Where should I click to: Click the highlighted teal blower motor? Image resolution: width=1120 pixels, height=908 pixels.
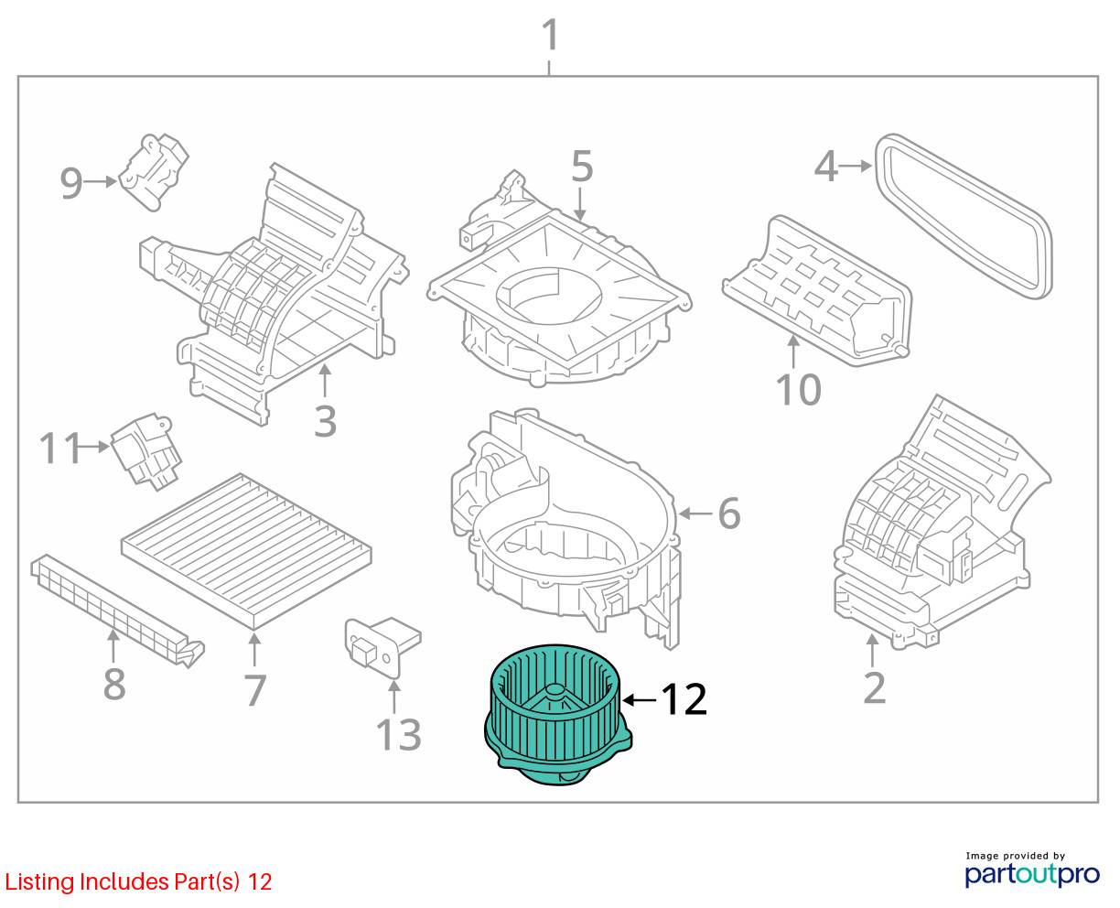click(557, 716)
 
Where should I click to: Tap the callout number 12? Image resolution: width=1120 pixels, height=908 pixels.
click(684, 699)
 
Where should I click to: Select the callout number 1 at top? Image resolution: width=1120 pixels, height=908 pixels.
click(550, 36)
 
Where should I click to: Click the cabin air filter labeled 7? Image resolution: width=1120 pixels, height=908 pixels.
click(246, 550)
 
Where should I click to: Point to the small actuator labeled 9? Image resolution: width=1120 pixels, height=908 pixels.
click(153, 172)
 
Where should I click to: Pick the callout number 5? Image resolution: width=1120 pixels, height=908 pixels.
click(582, 167)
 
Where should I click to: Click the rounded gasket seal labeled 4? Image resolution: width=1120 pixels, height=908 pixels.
click(964, 216)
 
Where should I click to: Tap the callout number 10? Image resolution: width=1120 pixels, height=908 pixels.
click(798, 390)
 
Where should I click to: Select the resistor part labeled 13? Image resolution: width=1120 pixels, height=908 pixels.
click(382, 647)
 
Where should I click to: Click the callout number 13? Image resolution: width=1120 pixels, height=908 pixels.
click(399, 734)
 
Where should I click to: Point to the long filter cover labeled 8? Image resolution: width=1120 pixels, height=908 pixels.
click(117, 611)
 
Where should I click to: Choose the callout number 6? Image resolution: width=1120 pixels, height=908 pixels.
click(729, 513)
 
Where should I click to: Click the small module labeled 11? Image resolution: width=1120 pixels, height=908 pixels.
click(145, 451)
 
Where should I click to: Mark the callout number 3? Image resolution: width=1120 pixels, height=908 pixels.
click(325, 421)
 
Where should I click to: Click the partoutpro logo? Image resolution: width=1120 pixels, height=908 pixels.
click(1032, 874)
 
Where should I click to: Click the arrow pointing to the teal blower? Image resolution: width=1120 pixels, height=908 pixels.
click(640, 700)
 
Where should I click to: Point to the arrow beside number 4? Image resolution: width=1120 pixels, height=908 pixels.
click(856, 167)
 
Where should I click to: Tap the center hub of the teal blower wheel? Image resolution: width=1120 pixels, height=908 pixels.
click(555, 691)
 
